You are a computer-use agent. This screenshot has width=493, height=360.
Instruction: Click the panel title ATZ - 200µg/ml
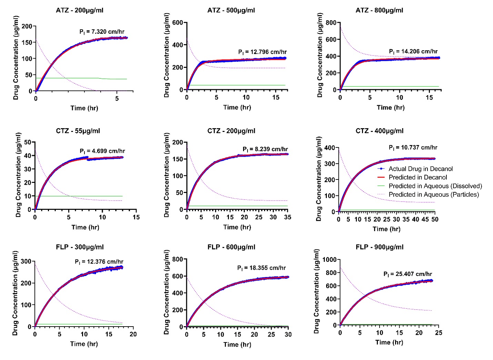[79, 10]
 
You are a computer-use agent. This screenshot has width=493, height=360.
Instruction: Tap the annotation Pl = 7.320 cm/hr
[102, 32]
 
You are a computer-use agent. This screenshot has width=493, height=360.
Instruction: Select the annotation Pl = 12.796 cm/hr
[262, 52]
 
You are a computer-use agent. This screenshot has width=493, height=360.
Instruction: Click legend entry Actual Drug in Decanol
[420, 169]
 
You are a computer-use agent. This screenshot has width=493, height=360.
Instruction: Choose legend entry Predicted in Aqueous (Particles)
[433, 195]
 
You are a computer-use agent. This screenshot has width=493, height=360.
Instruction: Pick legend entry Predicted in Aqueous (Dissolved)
[435, 186]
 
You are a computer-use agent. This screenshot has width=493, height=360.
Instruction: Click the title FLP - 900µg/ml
[379, 247]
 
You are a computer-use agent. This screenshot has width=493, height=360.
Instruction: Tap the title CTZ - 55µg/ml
[79, 131]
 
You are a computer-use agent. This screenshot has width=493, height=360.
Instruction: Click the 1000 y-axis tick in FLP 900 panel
[329, 259]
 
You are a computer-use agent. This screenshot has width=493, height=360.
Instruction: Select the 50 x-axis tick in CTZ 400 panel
[435, 219]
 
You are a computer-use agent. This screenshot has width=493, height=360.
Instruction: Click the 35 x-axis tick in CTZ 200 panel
[288, 217]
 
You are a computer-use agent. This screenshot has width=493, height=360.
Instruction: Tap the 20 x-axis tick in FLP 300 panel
[133, 334]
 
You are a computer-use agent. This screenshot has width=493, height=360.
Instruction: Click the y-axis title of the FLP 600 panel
[167, 292]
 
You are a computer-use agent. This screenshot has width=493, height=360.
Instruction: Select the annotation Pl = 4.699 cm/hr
[102, 151]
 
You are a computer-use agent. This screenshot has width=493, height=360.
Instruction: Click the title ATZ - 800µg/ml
[379, 10]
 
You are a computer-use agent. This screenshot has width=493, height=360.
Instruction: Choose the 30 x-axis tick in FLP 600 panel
[288, 334]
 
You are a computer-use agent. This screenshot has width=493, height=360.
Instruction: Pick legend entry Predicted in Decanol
[417, 177]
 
